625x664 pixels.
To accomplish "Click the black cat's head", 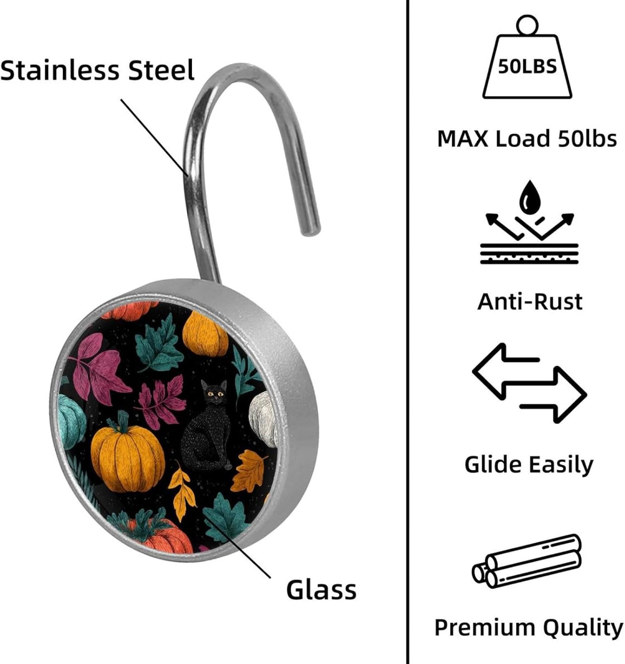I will tap(215, 392).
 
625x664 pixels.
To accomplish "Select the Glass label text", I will tap(321, 590).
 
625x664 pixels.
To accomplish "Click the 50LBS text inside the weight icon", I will tap(527, 66).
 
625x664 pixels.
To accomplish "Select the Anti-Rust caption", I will tap(529, 301).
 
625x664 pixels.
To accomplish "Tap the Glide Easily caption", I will tap(529, 464).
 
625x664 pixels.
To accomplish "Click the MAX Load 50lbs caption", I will tap(527, 139).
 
